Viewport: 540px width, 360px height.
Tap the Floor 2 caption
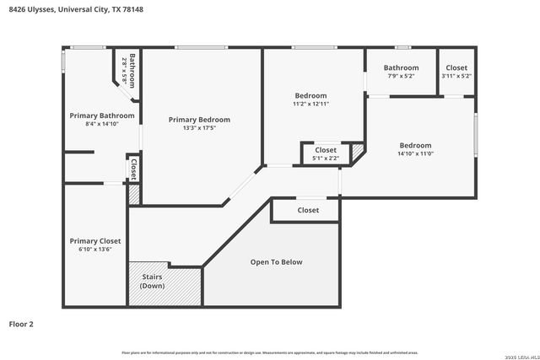21,324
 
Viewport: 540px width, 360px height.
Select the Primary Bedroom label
199,120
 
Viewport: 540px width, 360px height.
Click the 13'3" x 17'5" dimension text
199,128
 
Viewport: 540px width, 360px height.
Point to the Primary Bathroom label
102,116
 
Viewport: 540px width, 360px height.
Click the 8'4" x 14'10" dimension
102,124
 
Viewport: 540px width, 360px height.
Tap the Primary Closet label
95,241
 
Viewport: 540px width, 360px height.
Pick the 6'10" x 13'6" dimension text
95,250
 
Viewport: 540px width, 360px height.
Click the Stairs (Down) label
152,281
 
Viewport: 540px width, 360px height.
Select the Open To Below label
276,262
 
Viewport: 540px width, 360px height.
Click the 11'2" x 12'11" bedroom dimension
310,104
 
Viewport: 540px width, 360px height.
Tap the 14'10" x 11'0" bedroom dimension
415,153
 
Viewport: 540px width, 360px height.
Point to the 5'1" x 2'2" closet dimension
326,158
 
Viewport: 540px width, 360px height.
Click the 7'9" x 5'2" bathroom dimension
401,76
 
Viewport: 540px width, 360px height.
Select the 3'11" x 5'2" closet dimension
456,76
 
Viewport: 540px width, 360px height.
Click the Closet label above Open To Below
308,210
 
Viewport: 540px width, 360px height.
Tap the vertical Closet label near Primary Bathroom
132,169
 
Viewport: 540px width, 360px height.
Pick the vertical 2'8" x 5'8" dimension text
125,67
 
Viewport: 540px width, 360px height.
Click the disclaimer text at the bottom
269,352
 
